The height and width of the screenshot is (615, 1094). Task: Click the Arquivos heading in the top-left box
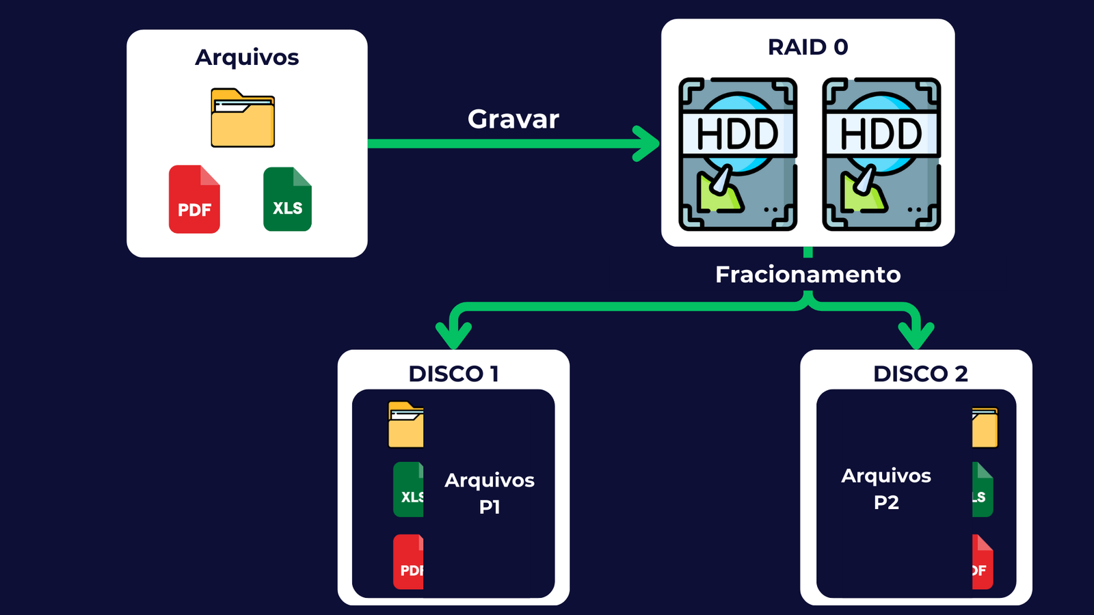pos(247,57)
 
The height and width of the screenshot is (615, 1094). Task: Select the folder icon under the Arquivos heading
pos(243,118)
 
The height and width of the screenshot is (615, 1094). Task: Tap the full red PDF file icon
pos(194,199)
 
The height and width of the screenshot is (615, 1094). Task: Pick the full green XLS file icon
pos(287,199)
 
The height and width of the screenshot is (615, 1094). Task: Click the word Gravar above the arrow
pos(513,120)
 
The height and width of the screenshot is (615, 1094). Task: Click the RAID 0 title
pos(808,47)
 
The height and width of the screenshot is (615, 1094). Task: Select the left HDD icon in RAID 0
pos(738,154)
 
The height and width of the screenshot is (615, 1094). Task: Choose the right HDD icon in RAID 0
pos(881,154)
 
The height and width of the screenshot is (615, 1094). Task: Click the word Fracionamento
pos(808,275)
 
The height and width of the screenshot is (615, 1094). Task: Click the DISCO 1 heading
pos(453,374)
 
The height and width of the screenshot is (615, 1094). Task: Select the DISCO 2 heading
pos(920,374)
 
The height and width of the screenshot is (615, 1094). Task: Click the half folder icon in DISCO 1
pos(406,425)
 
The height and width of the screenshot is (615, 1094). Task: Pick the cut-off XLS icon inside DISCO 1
pos(409,489)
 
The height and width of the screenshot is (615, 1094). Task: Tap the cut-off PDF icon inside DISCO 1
pos(409,562)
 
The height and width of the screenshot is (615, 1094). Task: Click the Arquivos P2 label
pos(886,489)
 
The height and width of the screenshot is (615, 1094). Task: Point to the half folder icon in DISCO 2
pos(985,428)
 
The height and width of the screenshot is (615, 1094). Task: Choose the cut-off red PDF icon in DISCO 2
pos(982,562)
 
